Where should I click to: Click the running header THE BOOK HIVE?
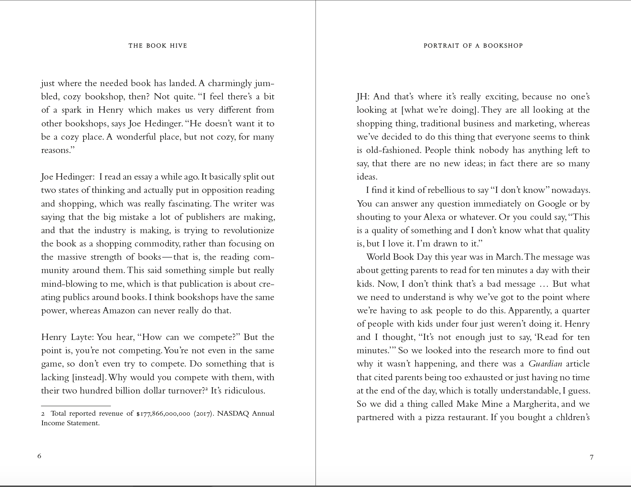click(158, 46)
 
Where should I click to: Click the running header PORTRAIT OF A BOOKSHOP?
click(473, 46)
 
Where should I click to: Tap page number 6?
click(39, 456)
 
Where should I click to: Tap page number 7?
click(591, 457)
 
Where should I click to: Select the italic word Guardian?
click(545, 364)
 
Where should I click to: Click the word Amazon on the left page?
click(119, 311)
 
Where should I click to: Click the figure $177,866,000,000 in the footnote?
click(163, 414)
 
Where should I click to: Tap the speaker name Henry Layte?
click(68, 337)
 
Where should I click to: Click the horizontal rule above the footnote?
click(76, 406)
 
